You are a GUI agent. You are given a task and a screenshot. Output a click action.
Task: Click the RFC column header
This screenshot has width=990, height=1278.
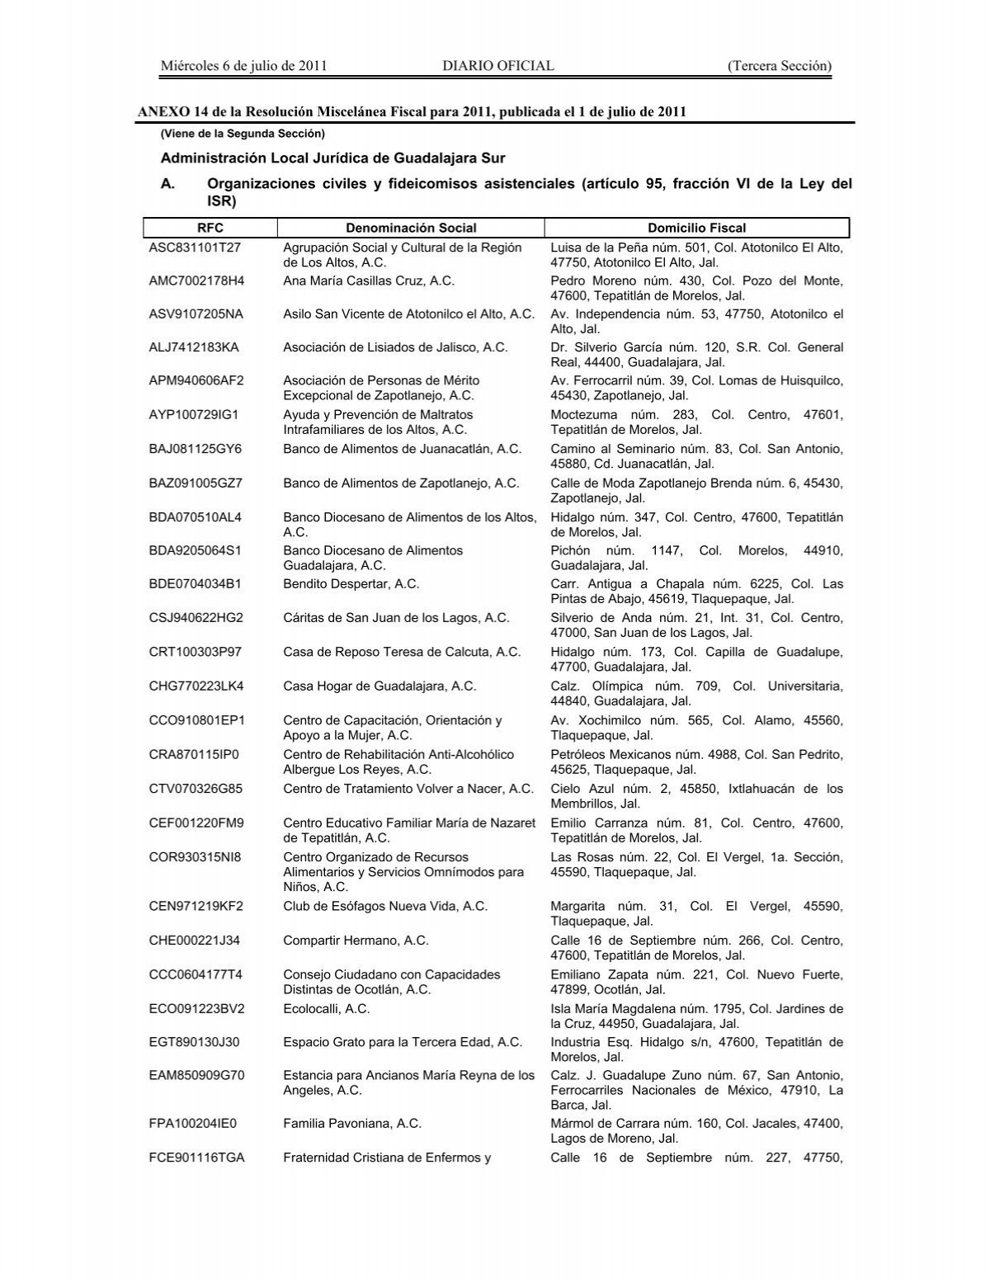(210, 228)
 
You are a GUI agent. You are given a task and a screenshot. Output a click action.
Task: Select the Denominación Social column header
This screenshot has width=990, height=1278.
(411, 228)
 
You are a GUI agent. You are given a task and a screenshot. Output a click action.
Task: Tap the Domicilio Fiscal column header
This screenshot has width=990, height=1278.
(696, 228)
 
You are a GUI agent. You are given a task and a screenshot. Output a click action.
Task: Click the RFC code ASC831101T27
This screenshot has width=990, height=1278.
(196, 248)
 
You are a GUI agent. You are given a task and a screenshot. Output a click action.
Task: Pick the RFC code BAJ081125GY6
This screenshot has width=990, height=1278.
(196, 449)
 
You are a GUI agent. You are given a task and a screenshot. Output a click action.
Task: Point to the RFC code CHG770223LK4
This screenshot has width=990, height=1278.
(196, 686)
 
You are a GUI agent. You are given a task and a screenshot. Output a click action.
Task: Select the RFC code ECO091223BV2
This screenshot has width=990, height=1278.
(196, 1008)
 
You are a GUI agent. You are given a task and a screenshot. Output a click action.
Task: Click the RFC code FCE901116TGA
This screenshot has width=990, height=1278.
(196, 1158)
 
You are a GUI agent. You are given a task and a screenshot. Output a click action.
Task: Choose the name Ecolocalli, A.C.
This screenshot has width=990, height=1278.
(326, 1008)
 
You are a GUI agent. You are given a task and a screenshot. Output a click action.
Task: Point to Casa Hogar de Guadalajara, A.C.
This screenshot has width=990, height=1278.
(379, 686)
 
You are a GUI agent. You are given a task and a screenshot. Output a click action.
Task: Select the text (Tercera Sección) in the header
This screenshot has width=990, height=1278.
(779, 66)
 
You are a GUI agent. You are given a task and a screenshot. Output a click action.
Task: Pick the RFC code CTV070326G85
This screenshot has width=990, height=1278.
(196, 788)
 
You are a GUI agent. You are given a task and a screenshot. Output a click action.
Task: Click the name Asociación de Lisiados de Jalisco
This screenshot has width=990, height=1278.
(395, 347)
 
